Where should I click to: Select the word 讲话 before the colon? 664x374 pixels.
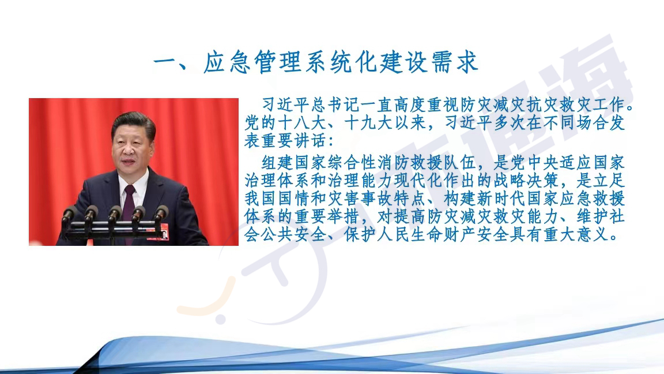(303, 141)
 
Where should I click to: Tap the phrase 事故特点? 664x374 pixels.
(394, 199)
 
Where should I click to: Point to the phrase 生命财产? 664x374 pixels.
(444, 234)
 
